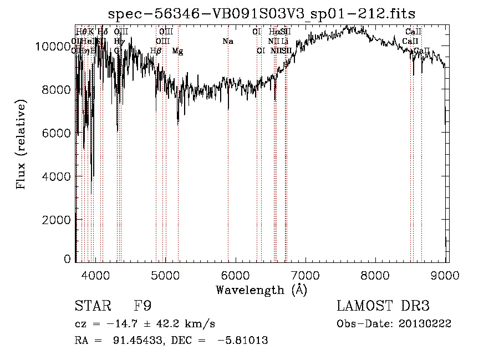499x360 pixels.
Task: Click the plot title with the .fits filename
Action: coord(262,13)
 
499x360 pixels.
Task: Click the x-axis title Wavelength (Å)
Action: coord(261,290)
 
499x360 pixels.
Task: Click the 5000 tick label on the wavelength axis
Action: coord(165,274)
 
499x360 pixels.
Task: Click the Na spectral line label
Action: coord(228,41)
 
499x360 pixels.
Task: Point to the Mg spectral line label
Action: coord(177,51)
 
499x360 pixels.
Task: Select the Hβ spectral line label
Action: coord(156,51)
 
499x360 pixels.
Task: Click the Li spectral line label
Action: coord(284,41)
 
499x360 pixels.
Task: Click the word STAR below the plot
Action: coord(91,306)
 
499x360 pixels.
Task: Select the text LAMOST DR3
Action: coord(383,306)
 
